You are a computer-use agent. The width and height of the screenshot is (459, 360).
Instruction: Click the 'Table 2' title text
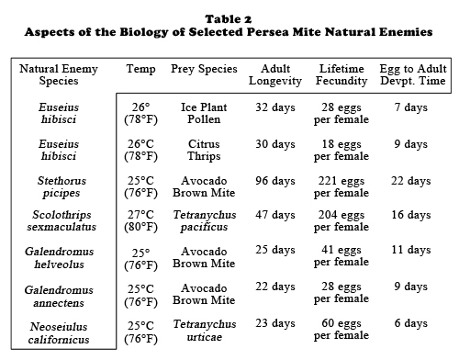click(x=229, y=19)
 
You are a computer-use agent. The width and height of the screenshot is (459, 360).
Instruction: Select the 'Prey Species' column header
click(x=204, y=69)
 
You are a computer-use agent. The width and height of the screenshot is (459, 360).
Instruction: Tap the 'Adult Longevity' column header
click(x=275, y=74)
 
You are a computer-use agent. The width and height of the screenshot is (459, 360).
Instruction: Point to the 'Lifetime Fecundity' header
click(x=341, y=74)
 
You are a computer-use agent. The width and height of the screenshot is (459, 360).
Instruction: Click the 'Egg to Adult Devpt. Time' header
click(x=413, y=74)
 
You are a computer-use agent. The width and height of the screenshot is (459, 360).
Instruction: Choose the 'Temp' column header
click(x=140, y=69)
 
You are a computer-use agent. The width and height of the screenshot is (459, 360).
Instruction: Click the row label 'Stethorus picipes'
click(x=62, y=186)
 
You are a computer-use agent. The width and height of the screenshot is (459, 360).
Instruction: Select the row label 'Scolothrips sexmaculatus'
click(x=62, y=220)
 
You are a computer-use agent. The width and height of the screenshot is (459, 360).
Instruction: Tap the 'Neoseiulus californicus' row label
click(x=59, y=333)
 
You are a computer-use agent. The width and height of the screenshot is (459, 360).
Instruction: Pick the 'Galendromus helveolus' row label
click(x=59, y=258)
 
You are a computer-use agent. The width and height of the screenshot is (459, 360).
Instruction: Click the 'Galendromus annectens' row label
click(x=59, y=297)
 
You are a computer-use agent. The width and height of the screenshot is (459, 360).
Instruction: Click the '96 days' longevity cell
click(x=275, y=181)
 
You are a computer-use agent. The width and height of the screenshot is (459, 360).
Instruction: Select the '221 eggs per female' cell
click(x=341, y=186)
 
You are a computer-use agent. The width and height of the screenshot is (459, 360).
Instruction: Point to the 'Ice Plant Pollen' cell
click(x=204, y=113)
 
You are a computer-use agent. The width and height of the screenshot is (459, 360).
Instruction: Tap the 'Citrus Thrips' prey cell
click(x=204, y=150)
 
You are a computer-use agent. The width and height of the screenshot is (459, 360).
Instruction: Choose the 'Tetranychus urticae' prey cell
click(x=205, y=331)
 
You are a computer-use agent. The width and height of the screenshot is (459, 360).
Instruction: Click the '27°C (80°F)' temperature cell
click(x=140, y=221)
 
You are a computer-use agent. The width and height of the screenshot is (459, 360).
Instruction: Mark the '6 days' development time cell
click(x=411, y=323)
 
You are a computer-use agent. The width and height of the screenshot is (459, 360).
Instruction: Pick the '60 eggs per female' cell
click(x=341, y=330)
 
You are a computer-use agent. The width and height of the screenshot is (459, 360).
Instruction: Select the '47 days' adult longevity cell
click(x=275, y=215)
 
